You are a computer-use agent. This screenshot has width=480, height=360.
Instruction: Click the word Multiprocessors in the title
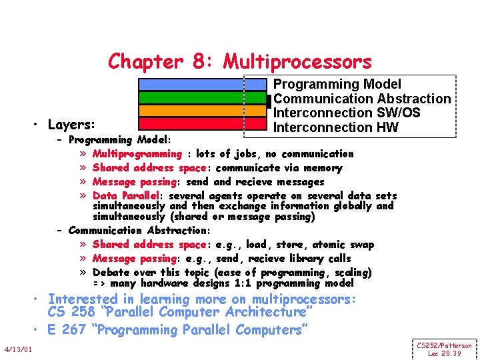297,62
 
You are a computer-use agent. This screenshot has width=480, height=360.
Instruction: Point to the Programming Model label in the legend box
337,85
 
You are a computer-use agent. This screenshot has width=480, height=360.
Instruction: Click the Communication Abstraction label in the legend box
362,99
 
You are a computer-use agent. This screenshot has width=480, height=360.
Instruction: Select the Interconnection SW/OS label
347,113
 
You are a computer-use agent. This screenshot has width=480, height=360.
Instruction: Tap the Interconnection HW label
336,127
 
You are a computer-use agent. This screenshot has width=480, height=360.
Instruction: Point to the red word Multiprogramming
137,154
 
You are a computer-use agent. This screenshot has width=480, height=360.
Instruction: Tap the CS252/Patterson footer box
445,349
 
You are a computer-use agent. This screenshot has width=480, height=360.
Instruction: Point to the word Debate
112,272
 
